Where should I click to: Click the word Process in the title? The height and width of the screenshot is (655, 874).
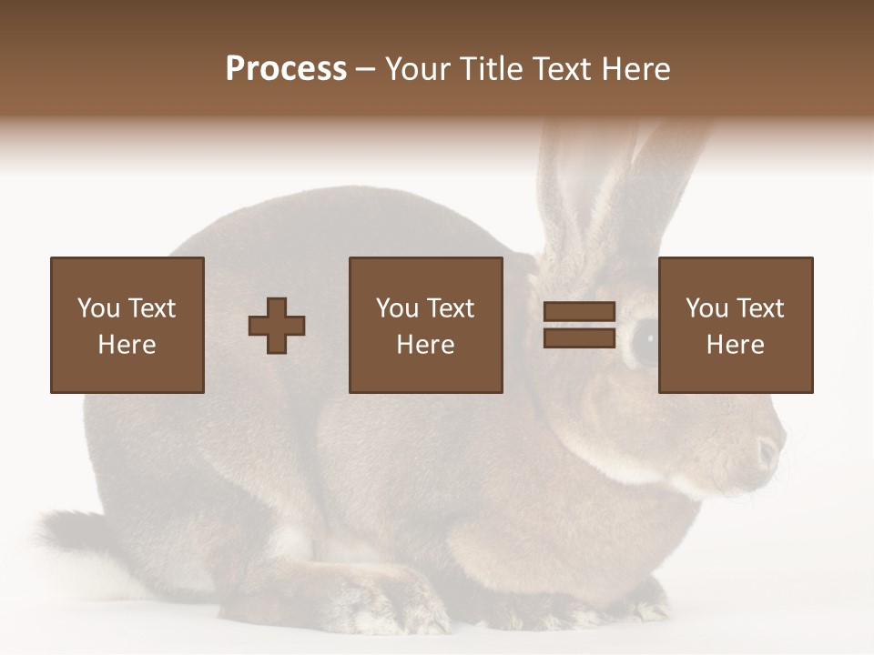[x=286, y=69]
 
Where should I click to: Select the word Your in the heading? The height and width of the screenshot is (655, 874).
[x=419, y=69]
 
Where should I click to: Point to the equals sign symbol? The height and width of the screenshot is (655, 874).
[x=579, y=326]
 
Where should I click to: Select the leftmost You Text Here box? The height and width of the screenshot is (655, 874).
[x=127, y=325]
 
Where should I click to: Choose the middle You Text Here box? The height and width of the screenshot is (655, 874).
[x=425, y=325]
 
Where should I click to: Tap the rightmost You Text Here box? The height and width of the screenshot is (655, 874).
[x=736, y=325]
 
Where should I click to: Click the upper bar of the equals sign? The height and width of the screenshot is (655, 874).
[x=579, y=312]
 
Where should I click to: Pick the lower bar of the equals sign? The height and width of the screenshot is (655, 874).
[x=579, y=338]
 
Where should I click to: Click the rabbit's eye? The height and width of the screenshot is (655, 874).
[x=645, y=341]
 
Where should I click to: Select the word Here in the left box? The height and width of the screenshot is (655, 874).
[x=127, y=345]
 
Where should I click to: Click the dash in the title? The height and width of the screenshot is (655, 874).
[x=366, y=69]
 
